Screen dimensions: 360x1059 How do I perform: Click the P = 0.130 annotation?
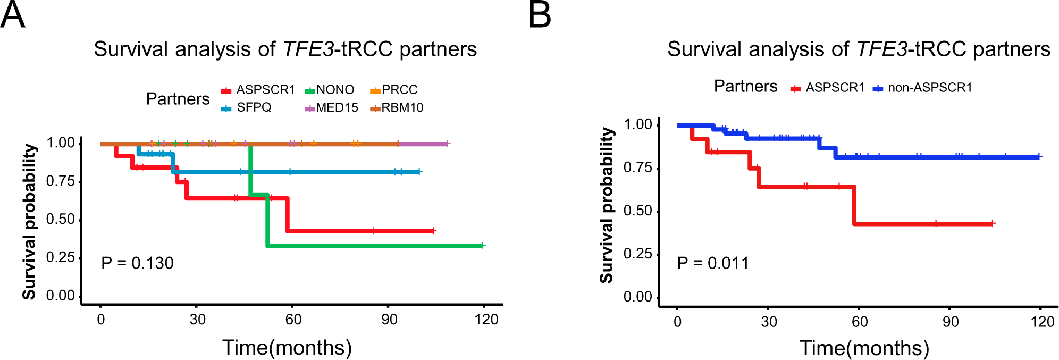point(137,263)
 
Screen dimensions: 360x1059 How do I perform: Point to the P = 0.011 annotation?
point(713,263)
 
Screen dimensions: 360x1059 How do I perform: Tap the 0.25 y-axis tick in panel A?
point(60,257)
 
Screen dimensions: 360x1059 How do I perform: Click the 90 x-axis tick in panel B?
point(951,322)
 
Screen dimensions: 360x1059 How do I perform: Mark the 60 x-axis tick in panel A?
point(293,320)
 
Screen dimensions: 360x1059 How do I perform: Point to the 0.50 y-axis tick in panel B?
point(637,211)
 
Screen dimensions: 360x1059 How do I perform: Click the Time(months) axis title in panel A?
point(287,347)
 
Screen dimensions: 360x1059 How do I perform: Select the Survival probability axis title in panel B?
point(607,205)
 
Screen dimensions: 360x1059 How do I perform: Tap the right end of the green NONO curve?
point(483,245)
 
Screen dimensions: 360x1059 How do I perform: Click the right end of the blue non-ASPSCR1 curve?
point(1039,157)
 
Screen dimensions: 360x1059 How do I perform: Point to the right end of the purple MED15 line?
point(448,144)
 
